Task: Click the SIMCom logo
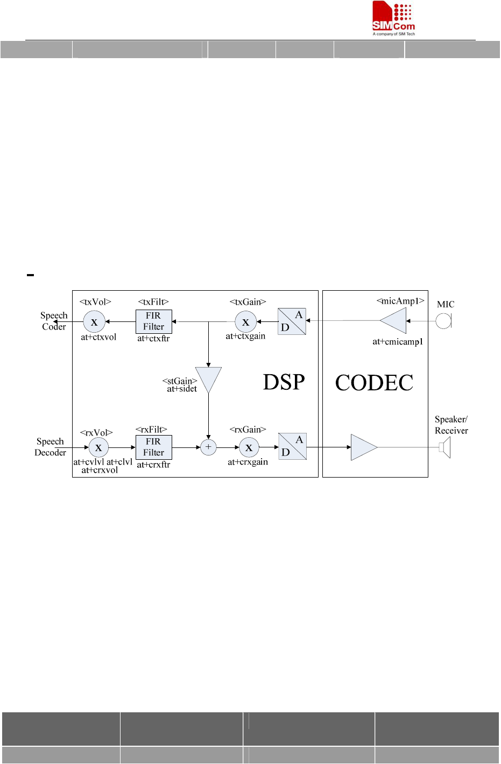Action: click(x=393, y=18)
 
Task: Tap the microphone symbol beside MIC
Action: click(x=443, y=321)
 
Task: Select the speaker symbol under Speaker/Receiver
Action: click(x=444, y=447)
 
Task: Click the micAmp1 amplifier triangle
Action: click(x=395, y=321)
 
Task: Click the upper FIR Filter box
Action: click(x=153, y=321)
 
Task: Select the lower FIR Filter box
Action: click(x=153, y=447)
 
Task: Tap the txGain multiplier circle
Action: click(x=246, y=322)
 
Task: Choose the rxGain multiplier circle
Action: click(x=249, y=447)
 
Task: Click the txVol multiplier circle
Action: click(x=94, y=322)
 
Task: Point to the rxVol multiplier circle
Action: click(x=98, y=447)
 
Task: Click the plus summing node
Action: click(x=208, y=447)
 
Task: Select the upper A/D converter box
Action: click(x=292, y=321)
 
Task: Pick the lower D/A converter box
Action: click(x=292, y=446)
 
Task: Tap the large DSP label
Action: click(x=284, y=382)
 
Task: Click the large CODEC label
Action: click(x=374, y=383)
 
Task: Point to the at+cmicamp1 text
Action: click(x=398, y=342)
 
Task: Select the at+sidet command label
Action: click(x=182, y=389)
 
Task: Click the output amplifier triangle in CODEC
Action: click(x=362, y=447)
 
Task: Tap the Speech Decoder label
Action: click(x=50, y=447)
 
